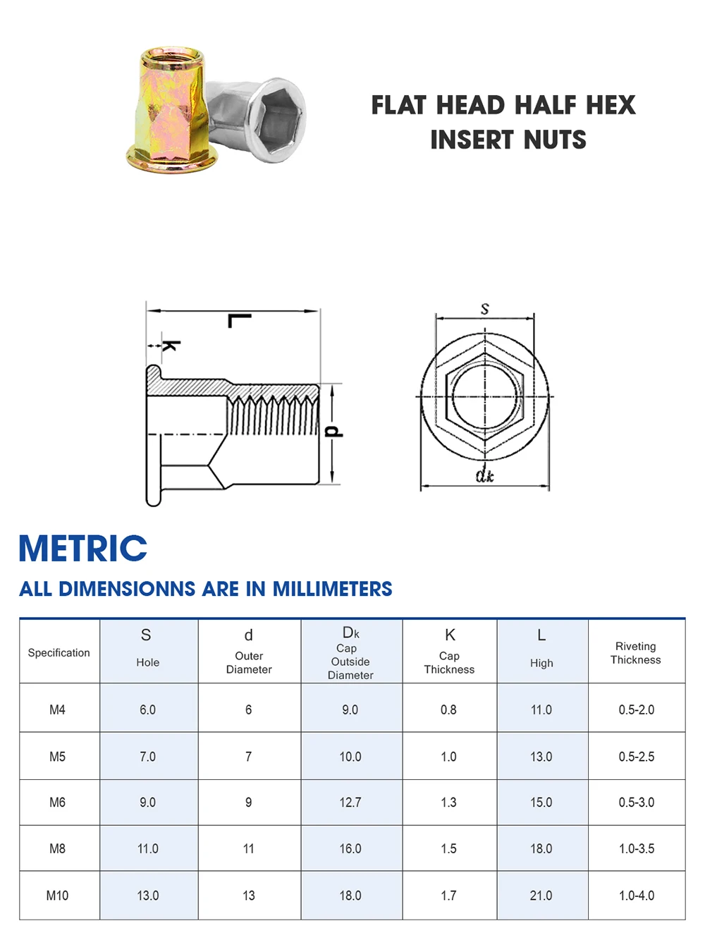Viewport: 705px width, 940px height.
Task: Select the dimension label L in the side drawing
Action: pyautogui.click(x=239, y=322)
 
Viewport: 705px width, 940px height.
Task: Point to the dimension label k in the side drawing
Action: pyautogui.click(x=171, y=346)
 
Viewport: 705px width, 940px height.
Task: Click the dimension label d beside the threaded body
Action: pyautogui.click(x=334, y=432)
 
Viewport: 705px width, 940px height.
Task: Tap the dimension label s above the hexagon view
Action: pyautogui.click(x=484, y=309)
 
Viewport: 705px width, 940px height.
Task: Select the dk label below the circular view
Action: pyautogui.click(x=484, y=475)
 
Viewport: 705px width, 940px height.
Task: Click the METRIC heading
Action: pyautogui.click(x=83, y=549)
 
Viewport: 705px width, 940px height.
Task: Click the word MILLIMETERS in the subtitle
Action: pyautogui.click(x=332, y=589)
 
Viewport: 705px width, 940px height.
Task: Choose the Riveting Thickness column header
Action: pyautogui.click(x=635, y=653)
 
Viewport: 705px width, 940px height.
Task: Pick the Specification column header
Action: pyautogui.click(x=59, y=653)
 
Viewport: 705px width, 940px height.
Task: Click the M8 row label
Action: pyautogui.click(x=58, y=849)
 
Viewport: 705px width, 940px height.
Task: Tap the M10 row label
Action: pyautogui.click(x=58, y=896)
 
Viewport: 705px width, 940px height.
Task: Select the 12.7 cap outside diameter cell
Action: pyautogui.click(x=350, y=802)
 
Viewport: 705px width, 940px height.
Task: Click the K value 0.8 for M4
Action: pyautogui.click(x=448, y=710)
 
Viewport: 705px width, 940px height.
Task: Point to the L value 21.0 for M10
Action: pyautogui.click(x=541, y=896)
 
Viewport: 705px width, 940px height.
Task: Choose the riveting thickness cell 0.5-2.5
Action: pyautogui.click(x=636, y=757)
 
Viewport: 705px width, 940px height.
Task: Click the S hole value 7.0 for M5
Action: pyautogui.click(x=147, y=757)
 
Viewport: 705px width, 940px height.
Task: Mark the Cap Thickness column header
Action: pyautogui.click(x=449, y=662)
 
